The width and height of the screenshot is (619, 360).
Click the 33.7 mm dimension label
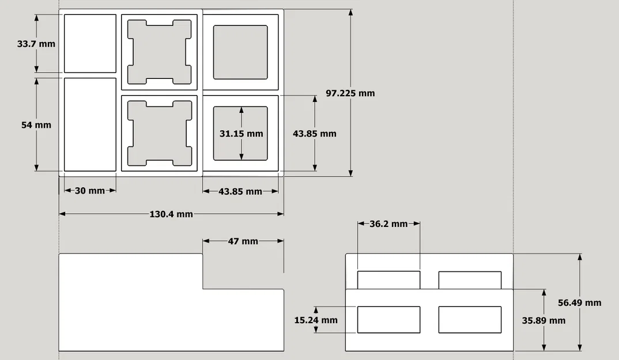36,44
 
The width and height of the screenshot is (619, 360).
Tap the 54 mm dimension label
36,125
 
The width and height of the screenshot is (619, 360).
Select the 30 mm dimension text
90,191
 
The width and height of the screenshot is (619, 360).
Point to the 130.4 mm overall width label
171,214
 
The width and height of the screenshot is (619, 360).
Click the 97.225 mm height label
350,93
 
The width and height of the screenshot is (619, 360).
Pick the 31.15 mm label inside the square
241,134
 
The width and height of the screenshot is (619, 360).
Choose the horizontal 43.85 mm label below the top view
240,191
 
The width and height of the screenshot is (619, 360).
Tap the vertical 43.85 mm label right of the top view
315,134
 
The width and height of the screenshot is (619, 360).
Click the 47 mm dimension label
243,241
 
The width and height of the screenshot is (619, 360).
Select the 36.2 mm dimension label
388,224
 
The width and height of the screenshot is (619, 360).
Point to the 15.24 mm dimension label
316,320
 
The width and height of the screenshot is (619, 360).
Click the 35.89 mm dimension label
543,320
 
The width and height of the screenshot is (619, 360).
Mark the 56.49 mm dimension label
580,303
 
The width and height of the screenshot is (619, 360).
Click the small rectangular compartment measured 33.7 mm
90,44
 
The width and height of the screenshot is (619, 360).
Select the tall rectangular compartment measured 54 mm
90,125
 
